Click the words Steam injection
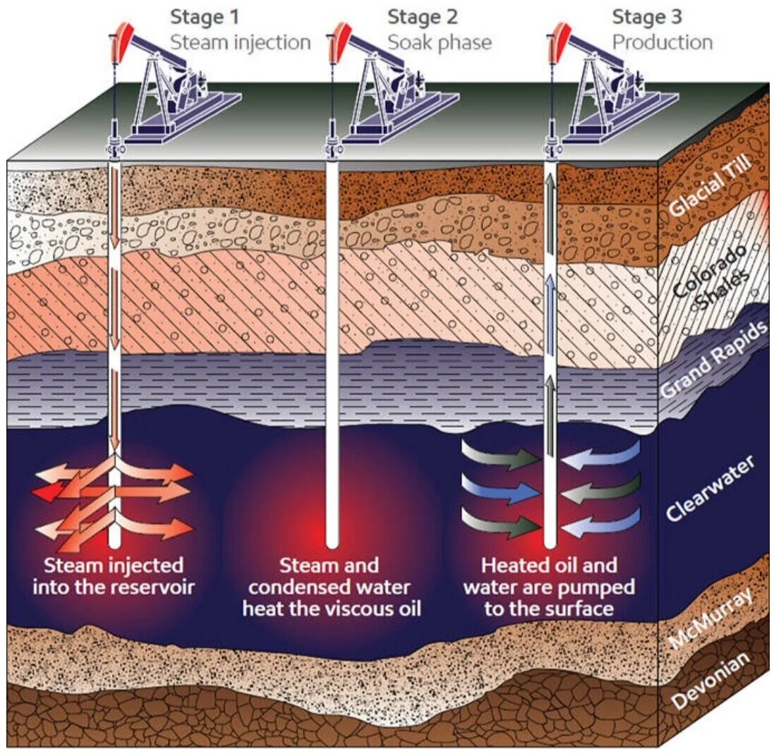coord(240,42)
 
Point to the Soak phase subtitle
coord(439,42)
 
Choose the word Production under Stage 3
coord(662,42)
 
